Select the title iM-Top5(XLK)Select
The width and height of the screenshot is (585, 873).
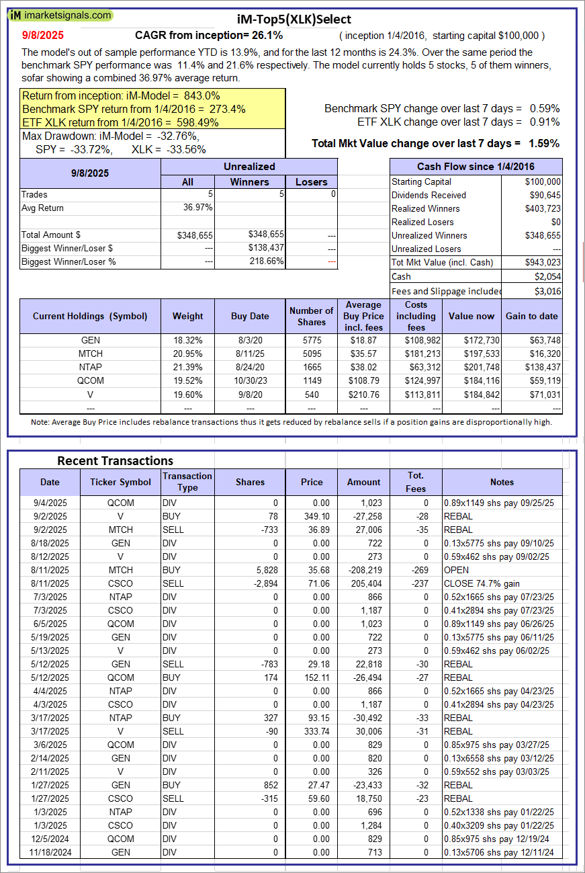point(294,19)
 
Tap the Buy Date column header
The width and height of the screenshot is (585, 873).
point(250,316)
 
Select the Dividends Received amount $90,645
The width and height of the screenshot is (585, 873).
point(543,195)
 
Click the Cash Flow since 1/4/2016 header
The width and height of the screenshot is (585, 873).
point(476,167)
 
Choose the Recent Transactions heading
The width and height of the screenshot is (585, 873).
point(115,461)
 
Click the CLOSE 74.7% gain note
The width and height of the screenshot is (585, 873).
point(482,583)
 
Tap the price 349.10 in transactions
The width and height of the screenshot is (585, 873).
point(312,516)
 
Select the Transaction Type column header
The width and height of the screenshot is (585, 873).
point(187,482)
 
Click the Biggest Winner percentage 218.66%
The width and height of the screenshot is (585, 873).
point(265,262)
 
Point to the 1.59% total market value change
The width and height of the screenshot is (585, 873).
point(544,143)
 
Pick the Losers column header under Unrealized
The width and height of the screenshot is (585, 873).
point(312,182)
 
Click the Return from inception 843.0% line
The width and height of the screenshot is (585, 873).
point(121,96)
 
